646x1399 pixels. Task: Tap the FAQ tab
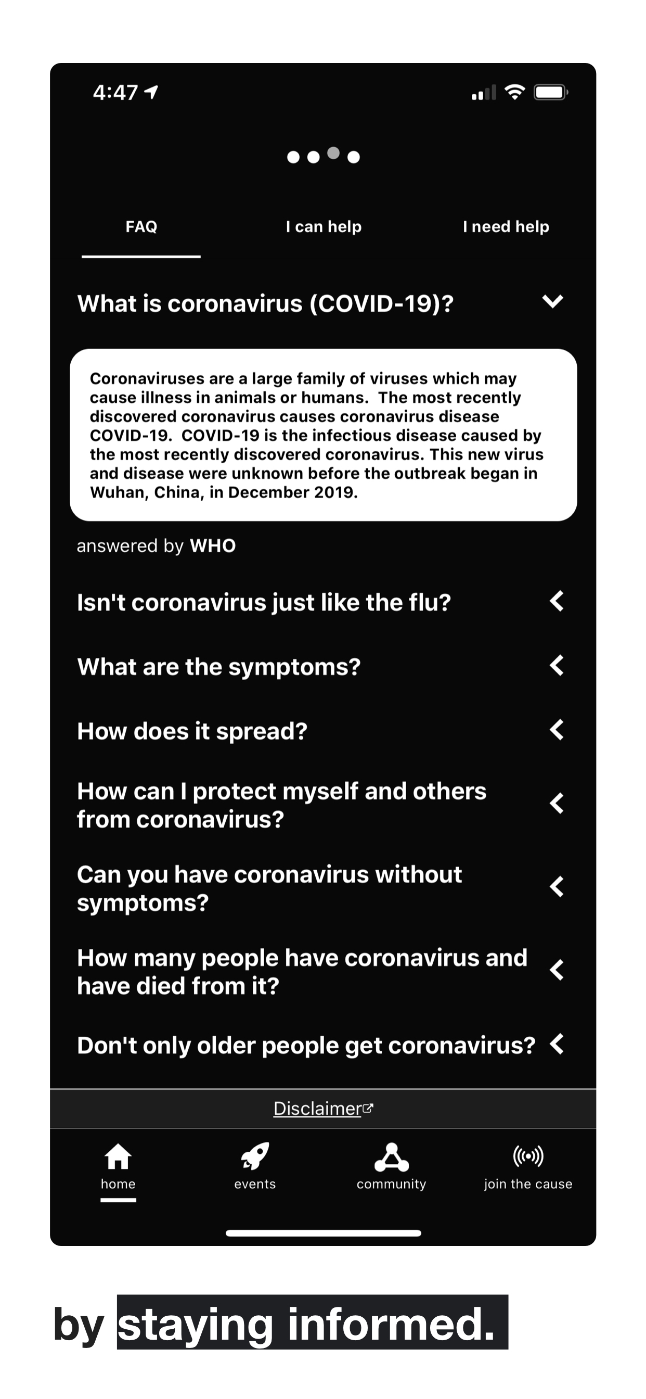point(141,226)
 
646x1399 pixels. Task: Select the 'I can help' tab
point(324,226)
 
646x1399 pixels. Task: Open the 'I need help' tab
point(506,226)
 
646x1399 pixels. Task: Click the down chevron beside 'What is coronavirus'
point(552,301)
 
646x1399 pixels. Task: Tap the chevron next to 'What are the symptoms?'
point(557,665)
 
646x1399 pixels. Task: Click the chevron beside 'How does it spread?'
point(557,730)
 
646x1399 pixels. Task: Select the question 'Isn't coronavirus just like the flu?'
point(264,602)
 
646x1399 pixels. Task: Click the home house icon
point(118,1156)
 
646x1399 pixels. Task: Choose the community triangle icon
point(392,1157)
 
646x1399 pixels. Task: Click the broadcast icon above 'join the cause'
point(527,1156)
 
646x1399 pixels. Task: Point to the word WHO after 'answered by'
point(213,546)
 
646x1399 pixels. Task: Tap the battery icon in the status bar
point(550,92)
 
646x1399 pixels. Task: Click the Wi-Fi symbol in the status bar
point(514,92)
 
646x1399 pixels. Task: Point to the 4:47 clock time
point(115,92)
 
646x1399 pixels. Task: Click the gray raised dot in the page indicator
point(333,153)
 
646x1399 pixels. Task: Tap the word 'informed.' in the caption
point(391,1324)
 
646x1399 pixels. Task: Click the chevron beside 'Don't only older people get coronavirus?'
point(557,1044)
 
